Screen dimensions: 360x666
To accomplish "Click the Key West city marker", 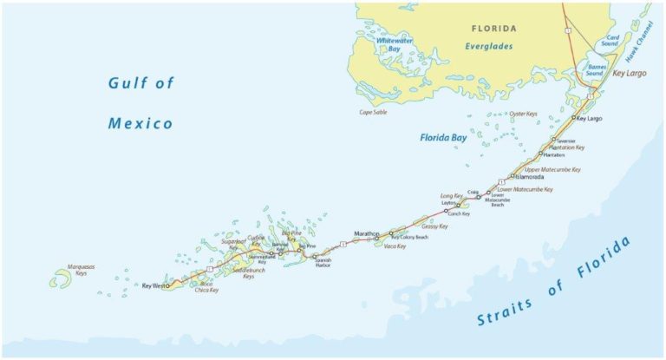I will (167, 285).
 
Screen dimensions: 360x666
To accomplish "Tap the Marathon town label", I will (368, 233).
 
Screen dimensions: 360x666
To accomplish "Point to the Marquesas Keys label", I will (81, 270).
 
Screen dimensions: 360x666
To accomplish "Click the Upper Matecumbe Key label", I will (552, 170).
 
